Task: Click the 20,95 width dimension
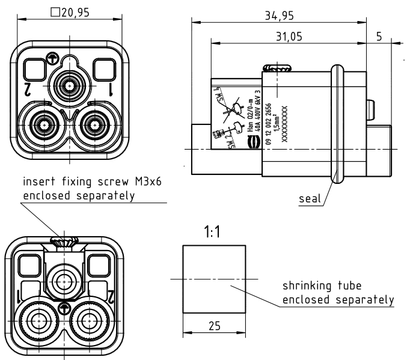(72, 13)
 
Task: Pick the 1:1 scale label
(212, 231)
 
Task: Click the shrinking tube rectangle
(213, 278)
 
